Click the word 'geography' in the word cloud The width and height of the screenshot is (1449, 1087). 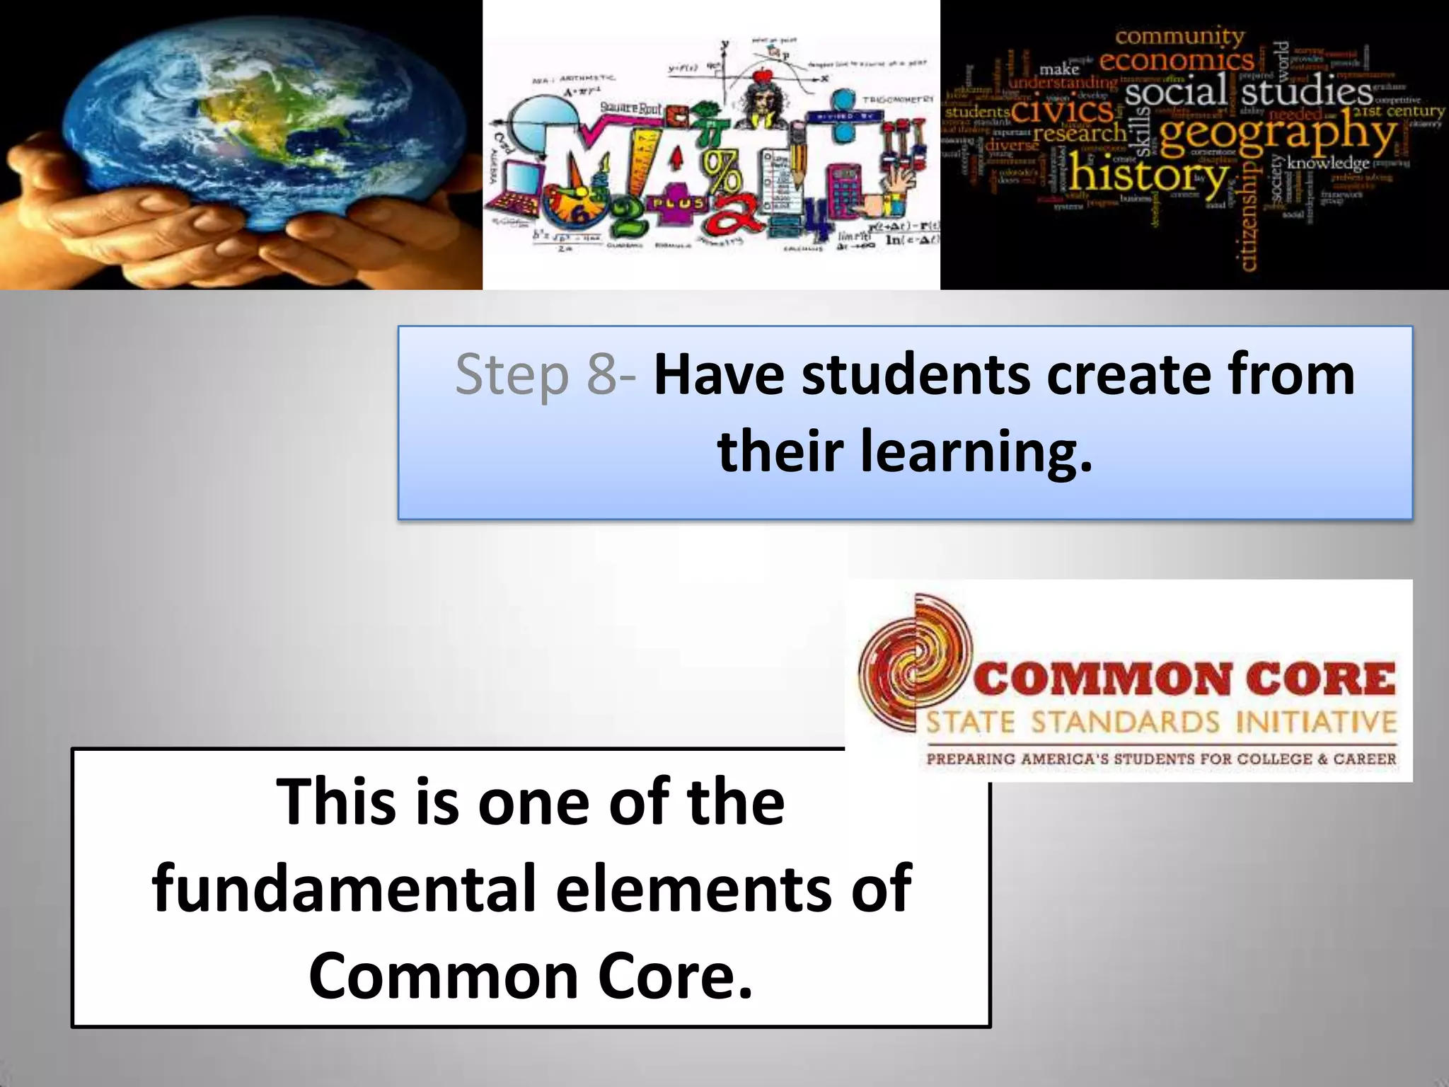[1278, 134]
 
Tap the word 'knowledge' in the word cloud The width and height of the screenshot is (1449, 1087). [1328, 163]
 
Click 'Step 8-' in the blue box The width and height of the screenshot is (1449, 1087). [545, 374]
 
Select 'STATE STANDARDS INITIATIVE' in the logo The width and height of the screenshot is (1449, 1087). [1161, 723]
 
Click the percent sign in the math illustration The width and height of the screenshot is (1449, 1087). [718, 170]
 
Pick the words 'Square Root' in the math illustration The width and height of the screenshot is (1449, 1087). [630, 108]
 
